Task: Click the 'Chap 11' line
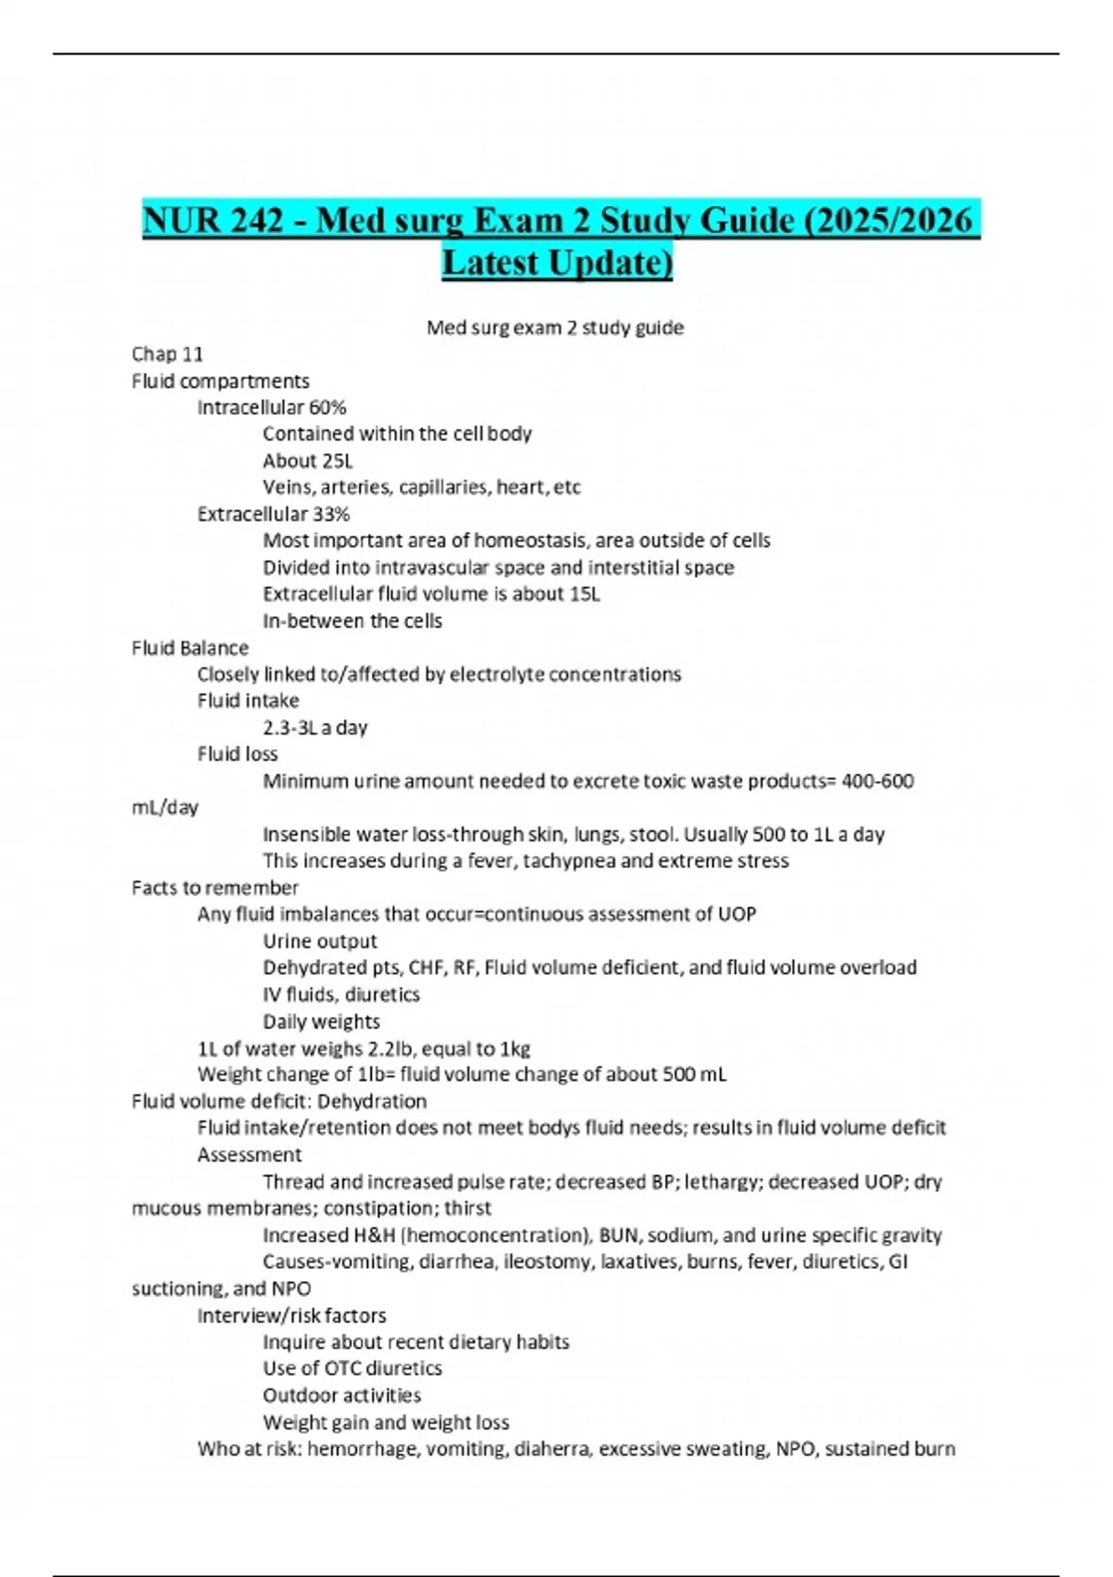167,354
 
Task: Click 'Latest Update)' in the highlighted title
556,263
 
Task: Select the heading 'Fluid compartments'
221,381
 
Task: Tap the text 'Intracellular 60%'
272,407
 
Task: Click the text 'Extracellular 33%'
274,514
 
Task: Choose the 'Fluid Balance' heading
190,647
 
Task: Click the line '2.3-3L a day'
315,727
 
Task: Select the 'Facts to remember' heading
215,888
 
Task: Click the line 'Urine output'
320,941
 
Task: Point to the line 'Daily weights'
322,1021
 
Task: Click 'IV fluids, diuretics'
341,994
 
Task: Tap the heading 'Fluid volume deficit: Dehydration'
279,1101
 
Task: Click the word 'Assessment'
249,1155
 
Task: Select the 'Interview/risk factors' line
292,1315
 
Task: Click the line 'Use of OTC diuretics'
352,1368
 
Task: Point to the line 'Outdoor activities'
342,1395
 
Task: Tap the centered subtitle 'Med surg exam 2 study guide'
555,327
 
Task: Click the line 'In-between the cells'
352,621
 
